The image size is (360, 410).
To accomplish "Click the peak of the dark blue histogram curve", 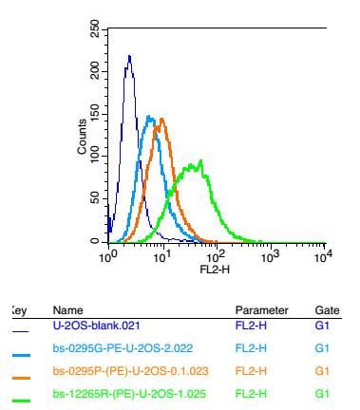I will (x=128, y=56).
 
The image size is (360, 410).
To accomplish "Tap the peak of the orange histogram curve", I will (x=162, y=119).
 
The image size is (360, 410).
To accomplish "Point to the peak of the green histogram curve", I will (x=197, y=162).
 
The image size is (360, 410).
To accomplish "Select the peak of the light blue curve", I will (x=149, y=117).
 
